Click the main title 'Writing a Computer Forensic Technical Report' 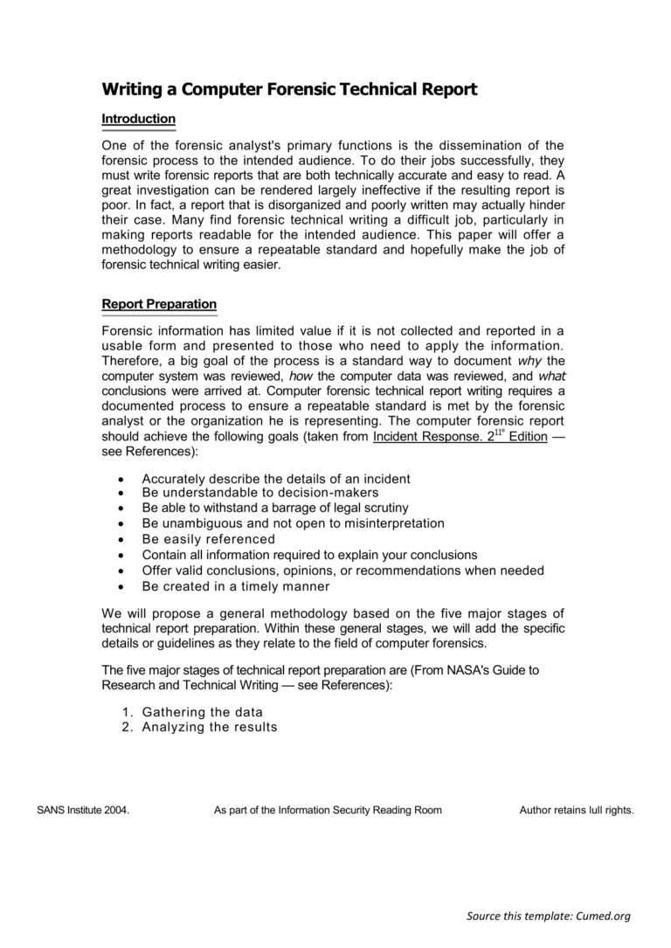click(289, 89)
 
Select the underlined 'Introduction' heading click(138, 119)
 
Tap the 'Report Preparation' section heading click(159, 304)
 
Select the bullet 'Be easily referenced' click(208, 539)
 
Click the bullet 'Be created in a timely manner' click(235, 586)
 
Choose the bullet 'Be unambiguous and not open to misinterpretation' click(293, 523)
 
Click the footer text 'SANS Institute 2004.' click(83, 810)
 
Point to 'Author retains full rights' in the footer click(576, 810)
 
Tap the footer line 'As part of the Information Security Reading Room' click(328, 810)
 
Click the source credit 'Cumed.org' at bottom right click(602, 916)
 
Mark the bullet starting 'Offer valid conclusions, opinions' click(342, 571)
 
